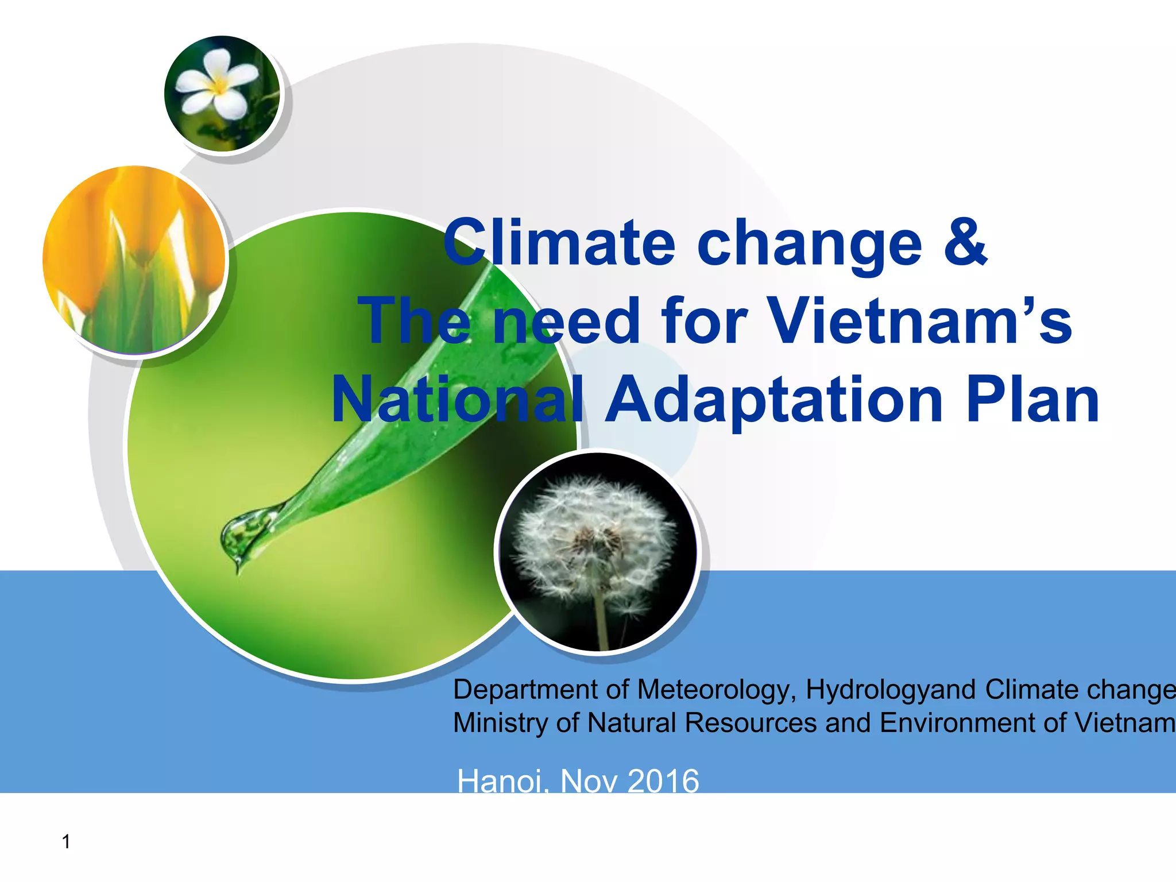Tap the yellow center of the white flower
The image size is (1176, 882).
219,87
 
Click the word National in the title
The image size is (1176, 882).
457,399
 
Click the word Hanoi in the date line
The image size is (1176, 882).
500,781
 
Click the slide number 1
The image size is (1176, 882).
66,842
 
